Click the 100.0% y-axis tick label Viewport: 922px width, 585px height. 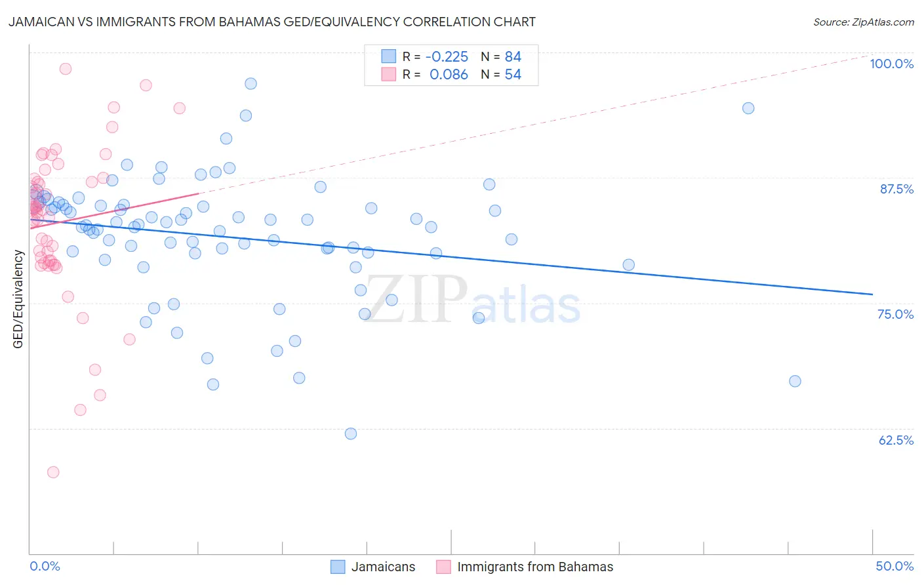(x=891, y=64)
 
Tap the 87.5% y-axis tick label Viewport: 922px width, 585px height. (x=896, y=189)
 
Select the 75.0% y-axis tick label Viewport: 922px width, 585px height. (x=895, y=314)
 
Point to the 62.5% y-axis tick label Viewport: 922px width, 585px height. (x=895, y=440)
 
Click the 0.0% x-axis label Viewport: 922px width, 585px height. (x=45, y=566)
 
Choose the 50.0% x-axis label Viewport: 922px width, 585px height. (x=894, y=566)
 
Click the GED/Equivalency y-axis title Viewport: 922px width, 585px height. (x=18, y=299)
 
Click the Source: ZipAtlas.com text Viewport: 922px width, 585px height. (x=863, y=22)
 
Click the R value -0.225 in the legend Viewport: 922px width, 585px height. (x=447, y=56)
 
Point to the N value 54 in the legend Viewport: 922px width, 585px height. (x=513, y=75)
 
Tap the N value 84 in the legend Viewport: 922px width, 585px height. (x=513, y=56)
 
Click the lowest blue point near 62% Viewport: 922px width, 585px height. (x=351, y=434)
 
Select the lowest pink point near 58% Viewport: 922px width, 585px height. (x=53, y=472)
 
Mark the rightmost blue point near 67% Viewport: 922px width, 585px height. (x=795, y=381)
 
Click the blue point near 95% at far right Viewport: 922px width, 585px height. (x=748, y=108)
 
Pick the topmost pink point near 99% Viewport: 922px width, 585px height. (x=66, y=69)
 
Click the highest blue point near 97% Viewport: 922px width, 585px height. (x=251, y=83)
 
